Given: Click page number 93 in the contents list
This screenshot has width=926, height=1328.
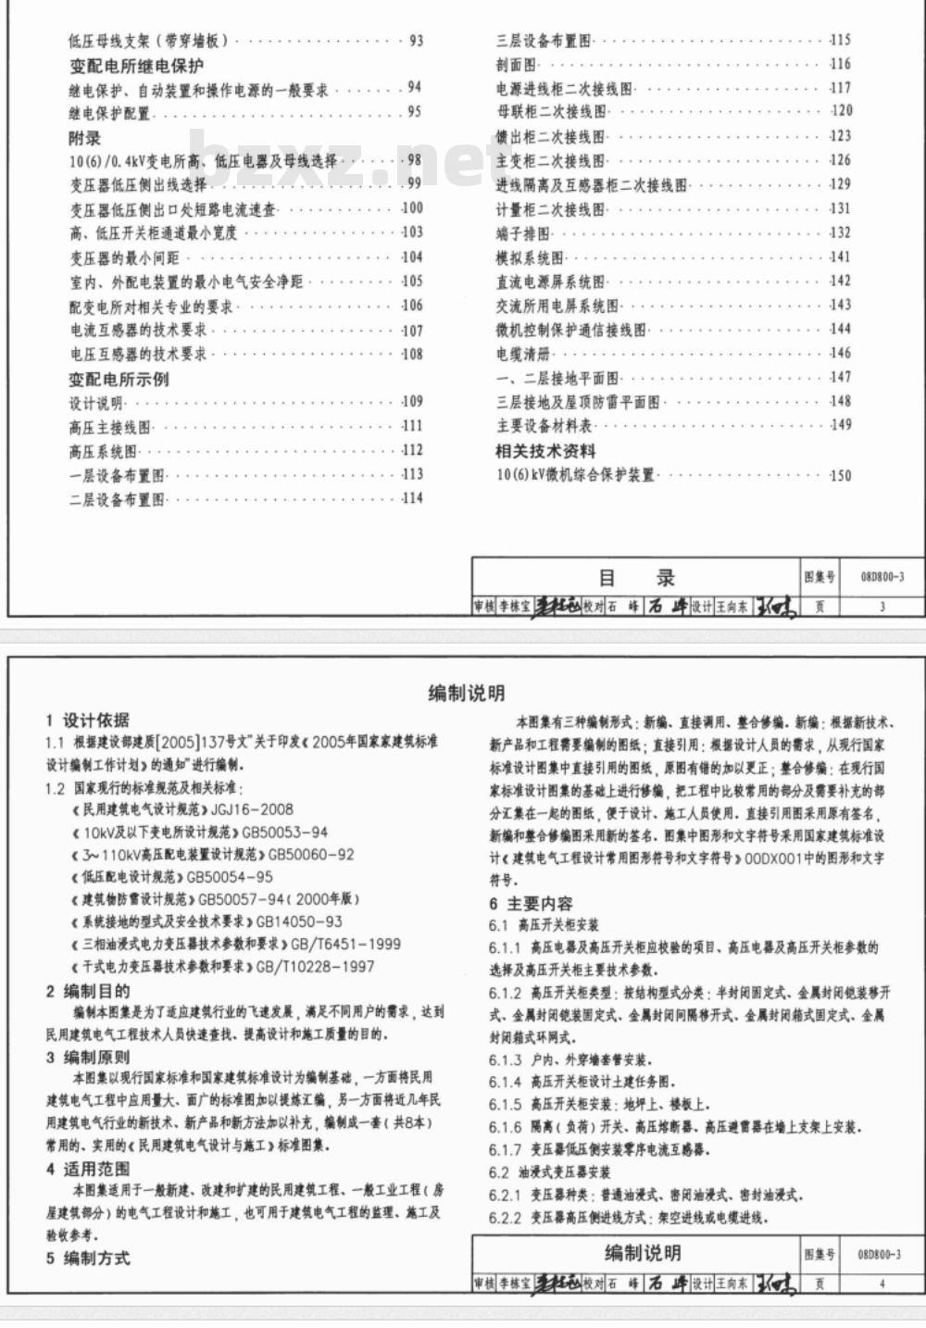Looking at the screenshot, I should [415, 41].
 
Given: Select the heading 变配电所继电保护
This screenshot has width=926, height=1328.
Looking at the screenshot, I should [136, 66].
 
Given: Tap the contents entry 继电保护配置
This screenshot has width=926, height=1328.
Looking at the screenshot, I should [109, 113].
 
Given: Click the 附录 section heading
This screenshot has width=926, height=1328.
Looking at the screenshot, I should [84, 138].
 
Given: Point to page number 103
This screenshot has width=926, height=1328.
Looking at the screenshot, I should [412, 232].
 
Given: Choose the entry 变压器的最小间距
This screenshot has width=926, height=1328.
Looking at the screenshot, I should [124, 257].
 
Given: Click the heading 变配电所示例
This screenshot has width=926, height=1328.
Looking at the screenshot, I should [119, 379].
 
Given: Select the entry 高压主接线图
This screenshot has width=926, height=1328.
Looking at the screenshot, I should [109, 427].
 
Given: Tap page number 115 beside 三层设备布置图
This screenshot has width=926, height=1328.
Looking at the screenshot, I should [840, 40].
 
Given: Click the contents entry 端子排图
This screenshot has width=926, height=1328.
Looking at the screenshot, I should [522, 233].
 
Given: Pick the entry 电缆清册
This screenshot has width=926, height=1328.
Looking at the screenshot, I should [522, 354].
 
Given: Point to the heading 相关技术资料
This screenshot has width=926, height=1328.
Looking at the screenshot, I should [545, 451].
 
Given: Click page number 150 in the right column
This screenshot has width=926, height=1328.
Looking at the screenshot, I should [840, 476].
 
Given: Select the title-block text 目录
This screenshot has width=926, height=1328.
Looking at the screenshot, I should [637, 579].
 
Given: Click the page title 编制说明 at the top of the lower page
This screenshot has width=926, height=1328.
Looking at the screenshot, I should [467, 693].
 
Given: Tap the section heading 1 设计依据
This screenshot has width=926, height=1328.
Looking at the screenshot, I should [88, 720].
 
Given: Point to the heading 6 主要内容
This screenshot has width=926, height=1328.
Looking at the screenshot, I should [532, 904].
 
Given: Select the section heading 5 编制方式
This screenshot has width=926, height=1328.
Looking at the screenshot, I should [88, 1258].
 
